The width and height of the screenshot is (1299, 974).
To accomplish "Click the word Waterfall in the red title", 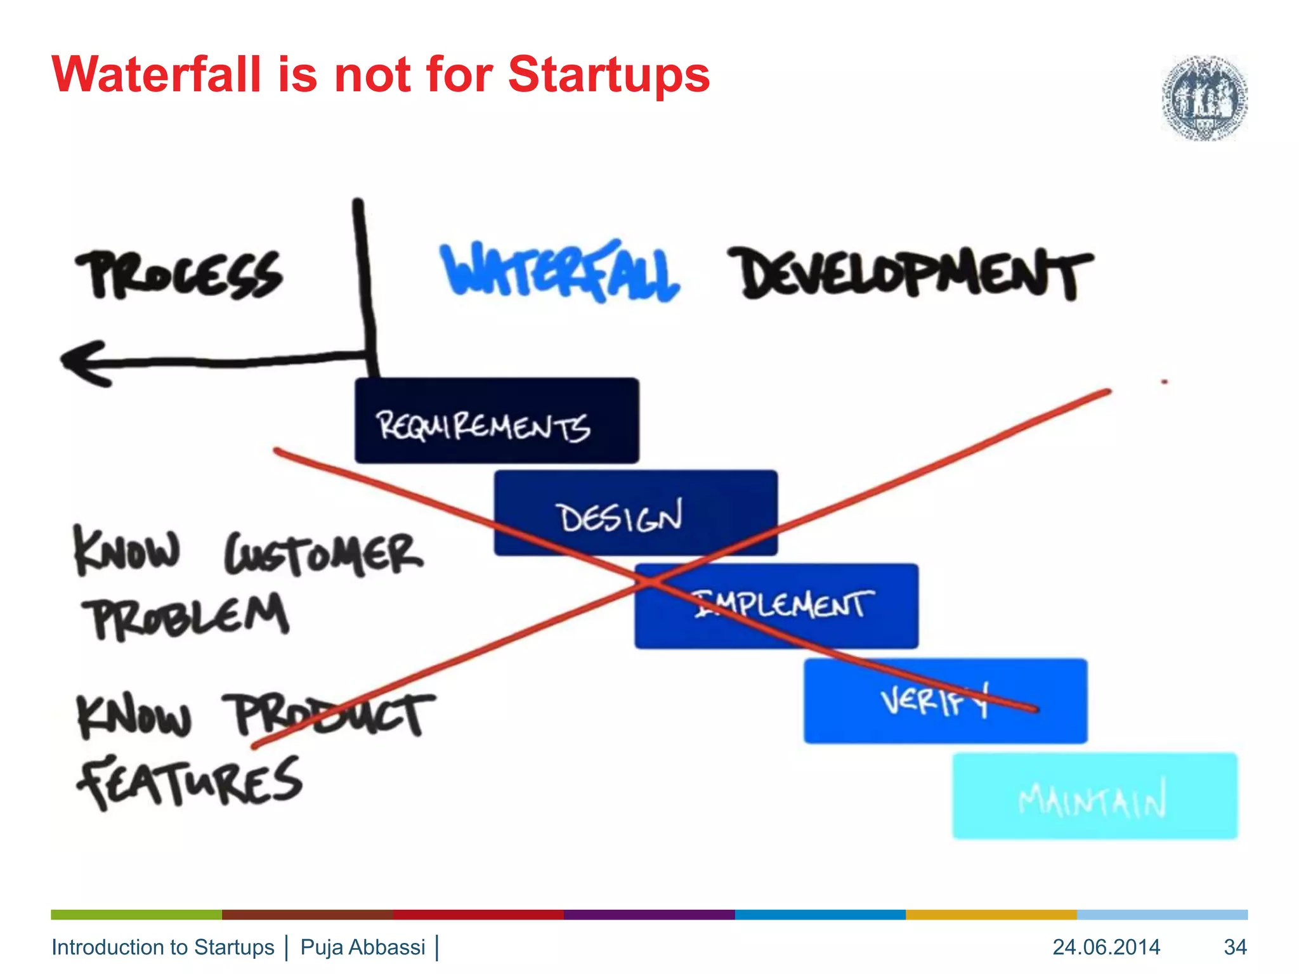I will [x=156, y=75].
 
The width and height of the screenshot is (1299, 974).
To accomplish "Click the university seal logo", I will [x=1204, y=98].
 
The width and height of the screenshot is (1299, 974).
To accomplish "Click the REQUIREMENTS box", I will [x=496, y=420].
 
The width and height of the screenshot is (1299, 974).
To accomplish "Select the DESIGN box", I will [x=636, y=513].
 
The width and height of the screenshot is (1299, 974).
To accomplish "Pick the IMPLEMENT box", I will [x=776, y=606].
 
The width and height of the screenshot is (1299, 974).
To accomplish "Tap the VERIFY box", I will [x=945, y=701].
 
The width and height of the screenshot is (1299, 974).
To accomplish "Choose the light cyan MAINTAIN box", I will [x=1095, y=796].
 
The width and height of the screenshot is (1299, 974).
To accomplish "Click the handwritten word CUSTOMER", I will [x=323, y=554].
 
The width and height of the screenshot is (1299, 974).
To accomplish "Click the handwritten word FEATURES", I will [x=189, y=781].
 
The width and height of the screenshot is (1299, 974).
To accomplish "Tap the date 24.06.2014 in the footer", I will [x=1106, y=947].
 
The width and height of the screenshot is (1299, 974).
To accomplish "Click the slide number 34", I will [x=1235, y=947].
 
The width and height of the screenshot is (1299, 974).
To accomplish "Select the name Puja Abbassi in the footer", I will [x=363, y=947].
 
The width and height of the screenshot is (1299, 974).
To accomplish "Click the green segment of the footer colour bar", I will [x=136, y=914].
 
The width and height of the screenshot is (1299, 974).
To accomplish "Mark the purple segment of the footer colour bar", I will [x=649, y=914].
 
